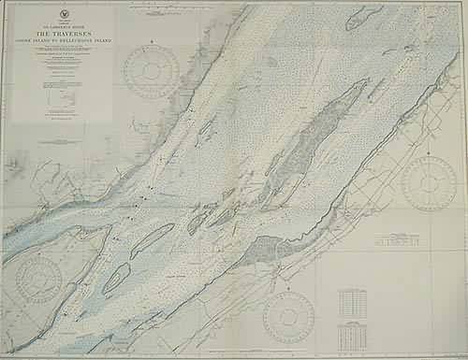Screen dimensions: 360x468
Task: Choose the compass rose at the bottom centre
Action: click(289, 316)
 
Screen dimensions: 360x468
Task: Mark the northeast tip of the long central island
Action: click(365, 81)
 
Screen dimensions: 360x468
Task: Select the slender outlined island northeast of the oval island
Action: click(152, 240)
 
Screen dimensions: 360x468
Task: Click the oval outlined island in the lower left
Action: click(116, 277)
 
